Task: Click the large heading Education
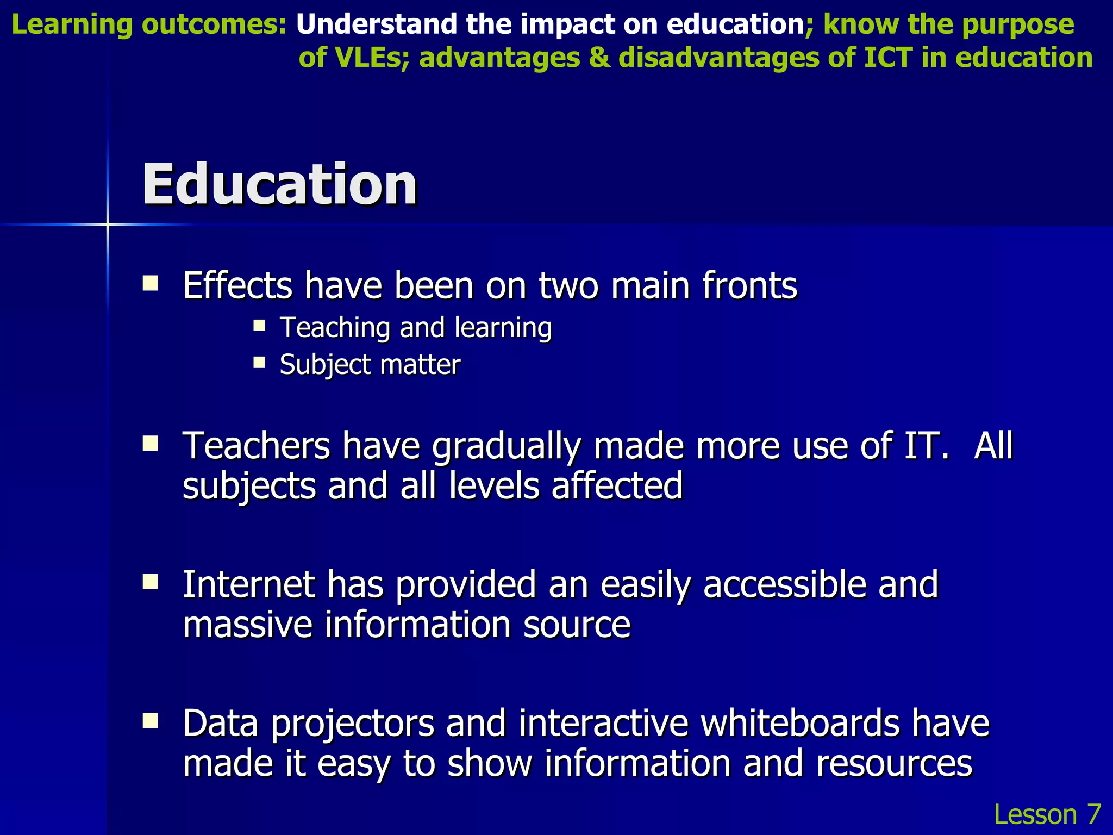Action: coord(279,185)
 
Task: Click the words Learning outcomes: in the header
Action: coord(149,24)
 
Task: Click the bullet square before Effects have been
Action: coord(150,283)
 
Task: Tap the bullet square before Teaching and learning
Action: coord(259,326)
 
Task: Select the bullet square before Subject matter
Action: coord(259,362)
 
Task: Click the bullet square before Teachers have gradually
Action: coord(150,444)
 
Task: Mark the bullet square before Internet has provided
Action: coord(150,583)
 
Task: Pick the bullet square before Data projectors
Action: coord(150,721)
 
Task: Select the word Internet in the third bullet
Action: coord(249,585)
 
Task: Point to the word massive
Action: coord(248,625)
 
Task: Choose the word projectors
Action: coord(352,725)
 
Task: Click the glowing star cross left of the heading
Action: coord(108,224)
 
